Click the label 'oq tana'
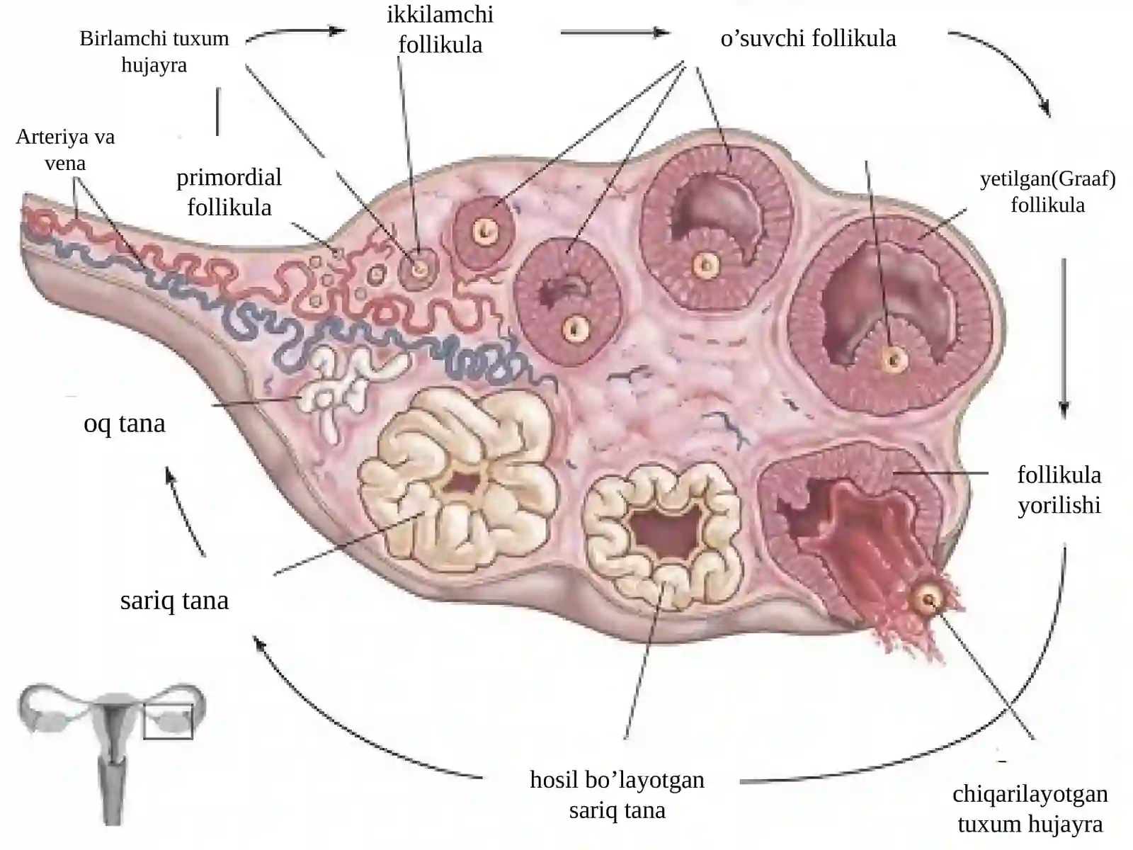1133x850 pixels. pos(125,424)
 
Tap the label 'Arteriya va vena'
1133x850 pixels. pos(65,149)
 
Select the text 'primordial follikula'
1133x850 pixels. pos(229,192)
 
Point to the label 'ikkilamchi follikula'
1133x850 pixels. pos(440,29)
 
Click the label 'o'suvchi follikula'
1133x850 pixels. pos(809,38)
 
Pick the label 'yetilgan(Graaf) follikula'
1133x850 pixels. pos(1048,191)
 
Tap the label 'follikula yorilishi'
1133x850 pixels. pos(1059,489)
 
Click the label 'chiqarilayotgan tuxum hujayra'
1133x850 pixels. pos(1030,809)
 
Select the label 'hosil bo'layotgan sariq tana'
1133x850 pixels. pos(617,795)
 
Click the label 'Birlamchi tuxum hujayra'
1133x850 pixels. pos(154,52)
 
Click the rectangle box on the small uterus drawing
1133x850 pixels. pos(169,722)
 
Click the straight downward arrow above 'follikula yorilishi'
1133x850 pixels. pos(1064,338)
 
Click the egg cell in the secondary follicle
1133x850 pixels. pos(420,268)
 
